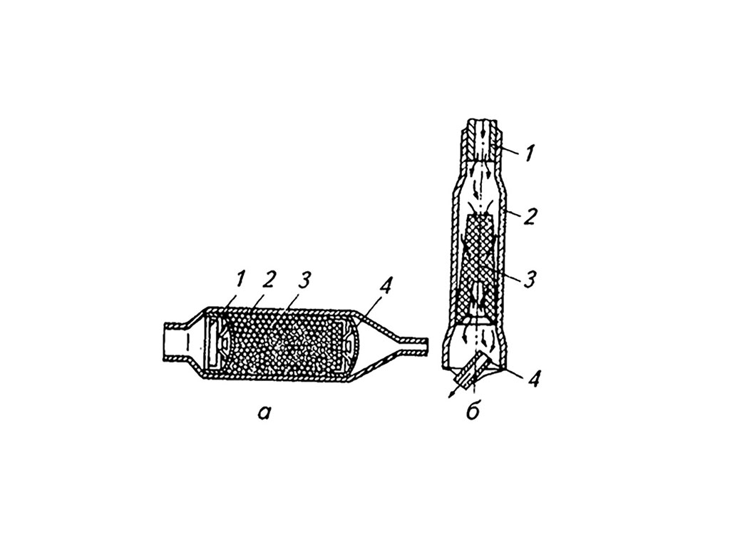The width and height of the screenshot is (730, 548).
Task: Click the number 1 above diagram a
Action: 240,279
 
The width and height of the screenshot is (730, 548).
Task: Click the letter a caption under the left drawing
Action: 264,412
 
